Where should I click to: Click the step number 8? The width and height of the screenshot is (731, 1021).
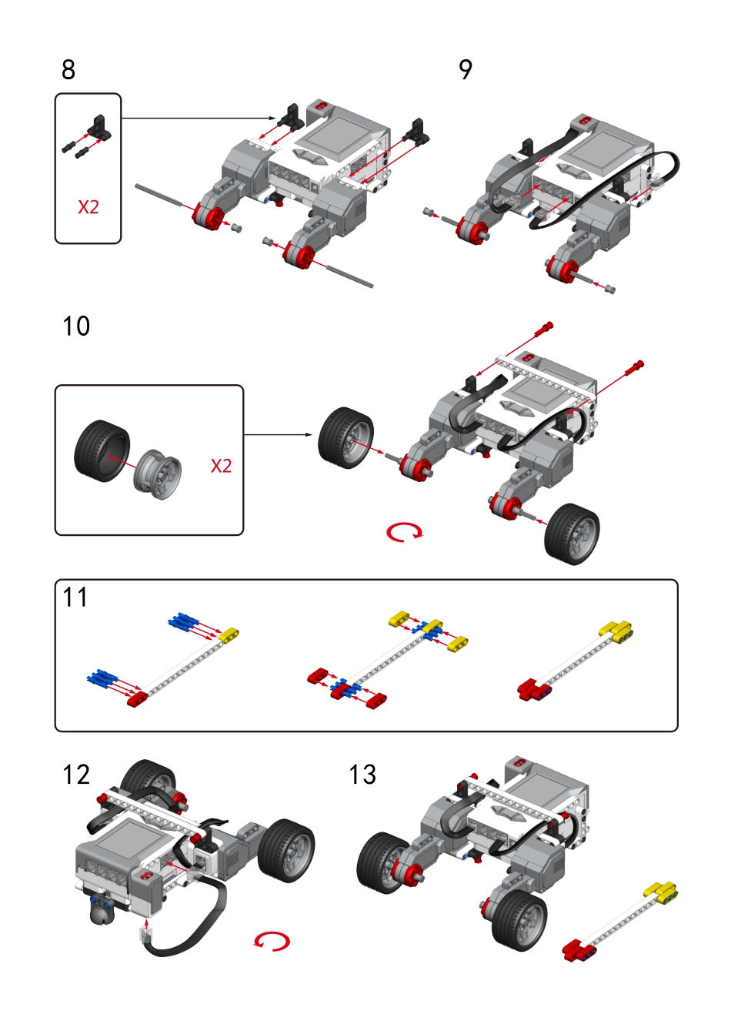click(x=68, y=70)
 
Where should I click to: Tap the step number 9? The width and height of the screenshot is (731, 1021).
click(x=466, y=70)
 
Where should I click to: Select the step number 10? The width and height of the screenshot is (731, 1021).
click(x=76, y=326)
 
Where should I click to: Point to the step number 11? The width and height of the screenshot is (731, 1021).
click(x=75, y=598)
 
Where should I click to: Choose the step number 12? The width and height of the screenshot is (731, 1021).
click(x=76, y=775)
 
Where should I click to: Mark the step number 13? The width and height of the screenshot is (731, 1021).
click(x=362, y=775)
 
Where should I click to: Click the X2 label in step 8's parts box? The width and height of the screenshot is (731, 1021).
click(x=88, y=207)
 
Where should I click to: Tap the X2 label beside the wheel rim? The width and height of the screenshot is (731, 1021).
click(x=221, y=466)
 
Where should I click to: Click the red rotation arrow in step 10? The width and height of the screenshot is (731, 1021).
click(x=404, y=532)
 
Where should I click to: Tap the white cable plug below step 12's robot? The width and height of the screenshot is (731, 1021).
click(x=145, y=936)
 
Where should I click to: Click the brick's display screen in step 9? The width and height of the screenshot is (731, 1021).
click(x=605, y=151)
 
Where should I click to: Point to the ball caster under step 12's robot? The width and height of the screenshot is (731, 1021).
click(x=99, y=912)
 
